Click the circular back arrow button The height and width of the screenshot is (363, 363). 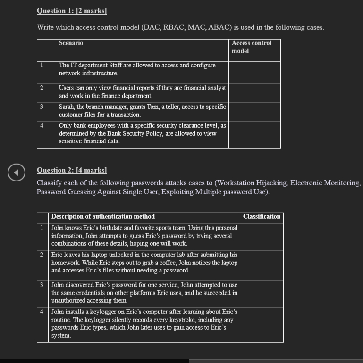16,173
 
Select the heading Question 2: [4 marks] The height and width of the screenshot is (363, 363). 72,170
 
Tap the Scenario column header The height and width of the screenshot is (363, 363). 71,43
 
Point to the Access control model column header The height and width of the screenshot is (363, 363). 251,47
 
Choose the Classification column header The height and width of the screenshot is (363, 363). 262,217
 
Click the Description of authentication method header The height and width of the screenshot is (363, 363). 103,217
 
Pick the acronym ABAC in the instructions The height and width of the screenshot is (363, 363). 217,27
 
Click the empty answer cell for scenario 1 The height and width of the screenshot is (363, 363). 254,72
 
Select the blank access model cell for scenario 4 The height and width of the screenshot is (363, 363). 254,135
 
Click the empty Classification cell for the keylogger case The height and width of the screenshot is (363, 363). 261,324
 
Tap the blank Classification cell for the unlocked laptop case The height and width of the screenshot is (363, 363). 261,266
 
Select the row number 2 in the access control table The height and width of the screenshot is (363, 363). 42,88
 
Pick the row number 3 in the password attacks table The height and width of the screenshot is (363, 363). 42,285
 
